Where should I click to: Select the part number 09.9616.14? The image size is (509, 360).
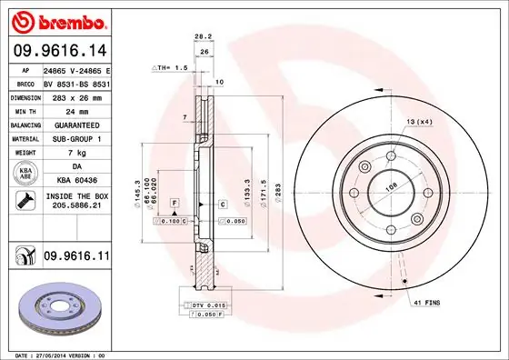[x=56, y=52]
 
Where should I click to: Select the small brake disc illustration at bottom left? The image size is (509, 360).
[x=56, y=309]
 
